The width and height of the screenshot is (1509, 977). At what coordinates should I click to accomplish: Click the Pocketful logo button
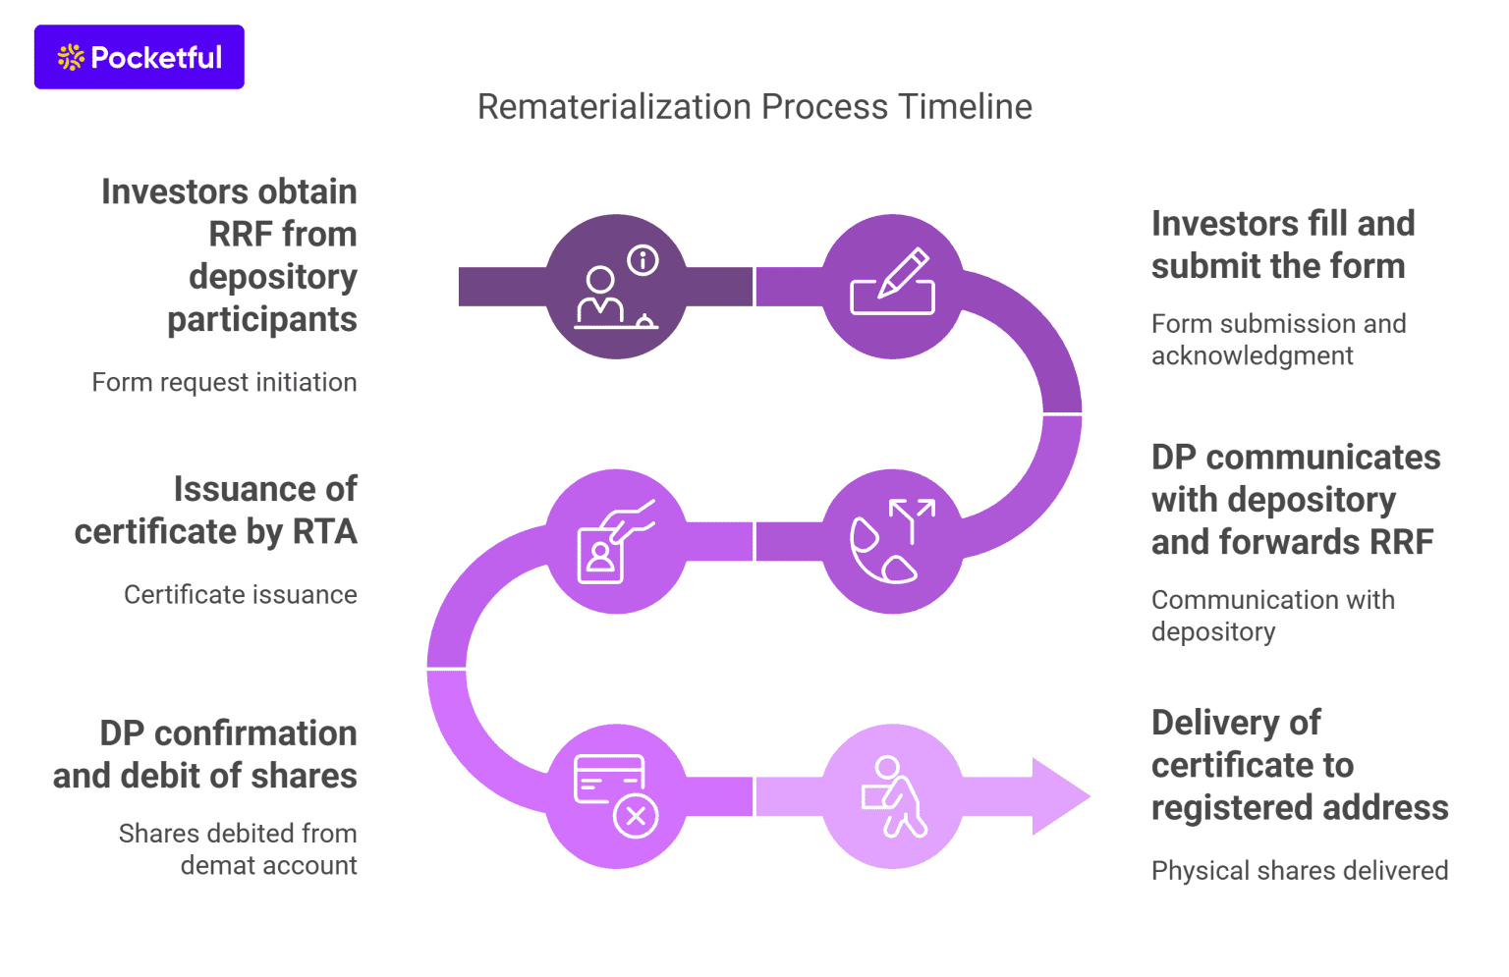(139, 57)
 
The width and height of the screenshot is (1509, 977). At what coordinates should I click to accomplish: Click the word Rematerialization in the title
(614, 107)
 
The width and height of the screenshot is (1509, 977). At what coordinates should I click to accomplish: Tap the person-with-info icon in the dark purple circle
(616, 286)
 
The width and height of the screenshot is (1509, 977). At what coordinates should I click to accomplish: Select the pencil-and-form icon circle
(892, 286)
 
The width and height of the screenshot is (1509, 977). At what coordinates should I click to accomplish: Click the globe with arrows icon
(892, 541)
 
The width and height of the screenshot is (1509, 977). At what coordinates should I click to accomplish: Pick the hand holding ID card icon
(616, 541)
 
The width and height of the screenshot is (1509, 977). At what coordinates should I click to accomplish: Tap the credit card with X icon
(616, 796)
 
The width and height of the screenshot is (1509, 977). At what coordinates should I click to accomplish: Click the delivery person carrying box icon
(892, 796)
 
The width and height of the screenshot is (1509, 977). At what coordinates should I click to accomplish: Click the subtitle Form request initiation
(224, 382)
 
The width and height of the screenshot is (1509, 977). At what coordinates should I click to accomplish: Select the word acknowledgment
(1252, 355)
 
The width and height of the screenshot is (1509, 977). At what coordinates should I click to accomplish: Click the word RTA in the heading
(324, 531)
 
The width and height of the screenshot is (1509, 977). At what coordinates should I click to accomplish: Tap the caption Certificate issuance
(240, 594)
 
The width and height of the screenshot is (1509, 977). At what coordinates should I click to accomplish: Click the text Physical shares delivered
(1299, 870)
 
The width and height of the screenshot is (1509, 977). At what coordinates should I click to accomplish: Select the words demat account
(268, 865)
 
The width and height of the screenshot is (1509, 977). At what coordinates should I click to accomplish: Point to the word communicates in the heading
(1322, 458)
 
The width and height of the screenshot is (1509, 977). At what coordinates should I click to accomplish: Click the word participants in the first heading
(261, 319)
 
